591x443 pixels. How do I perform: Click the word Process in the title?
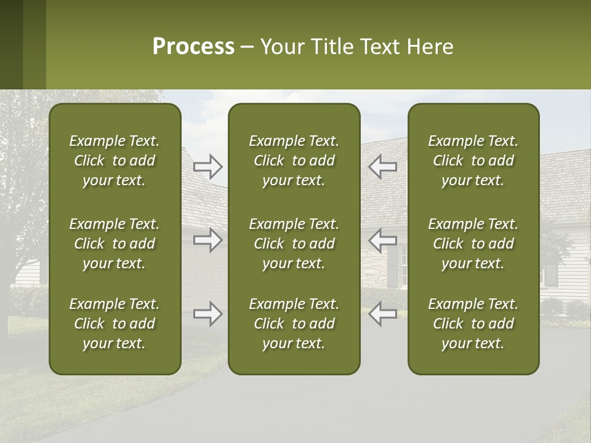pyautogui.click(x=193, y=47)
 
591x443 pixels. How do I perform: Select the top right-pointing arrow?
pyautogui.click(x=207, y=166)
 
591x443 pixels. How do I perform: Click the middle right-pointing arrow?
pyautogui.click(x=207, y=240)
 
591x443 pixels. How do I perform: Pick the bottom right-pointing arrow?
pyautogui.click(x=207, y=314)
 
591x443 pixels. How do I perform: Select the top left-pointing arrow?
pyautogui.click(x=382, y=166)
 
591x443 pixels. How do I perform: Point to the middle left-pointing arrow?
pyautogui.click(x=382, y=240)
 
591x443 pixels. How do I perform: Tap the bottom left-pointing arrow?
pyautogui.click(x=382, y=314)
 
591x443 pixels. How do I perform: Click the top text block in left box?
pyautogui.click(x=115, y=161)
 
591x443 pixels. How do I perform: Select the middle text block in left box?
pyautogui.click(x=115, y=244)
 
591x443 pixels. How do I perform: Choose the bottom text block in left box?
pyautogui.click(x=115, y=324)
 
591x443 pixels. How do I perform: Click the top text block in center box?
pyautogui.click(x=294, y=161)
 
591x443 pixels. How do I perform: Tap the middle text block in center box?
pyautogui.click(x=294, y=244)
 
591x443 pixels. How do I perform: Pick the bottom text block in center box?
pyautogui.click(x=294, y=324)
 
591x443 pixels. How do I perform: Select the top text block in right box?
pyautogui.click(x=473, y=161)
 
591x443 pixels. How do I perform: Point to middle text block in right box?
pyautogui.click(x=473, y=244)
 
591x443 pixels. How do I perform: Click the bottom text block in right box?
pyautogui.click(x=473, y=324)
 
